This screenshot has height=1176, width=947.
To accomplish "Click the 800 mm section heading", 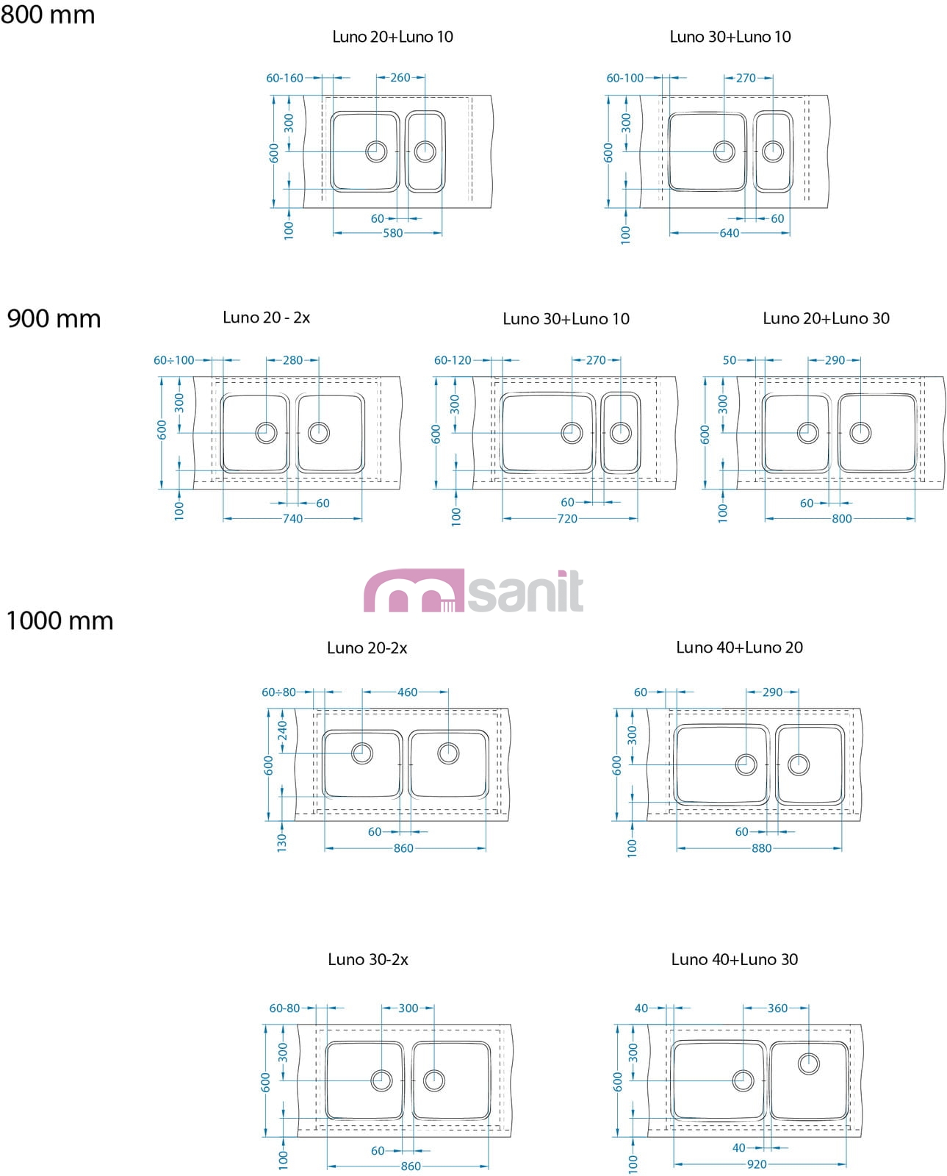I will point(48,15).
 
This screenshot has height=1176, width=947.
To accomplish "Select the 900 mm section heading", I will point(54,318).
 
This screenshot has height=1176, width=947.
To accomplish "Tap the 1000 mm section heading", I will point(60,620).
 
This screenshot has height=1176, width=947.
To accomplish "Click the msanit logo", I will point(474,591).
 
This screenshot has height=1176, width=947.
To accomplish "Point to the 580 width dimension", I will point(393,233).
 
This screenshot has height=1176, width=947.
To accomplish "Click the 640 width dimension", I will point(729,233).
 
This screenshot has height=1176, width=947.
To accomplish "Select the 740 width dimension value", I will point(292,518).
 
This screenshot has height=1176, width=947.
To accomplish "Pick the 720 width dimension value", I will point(567,518).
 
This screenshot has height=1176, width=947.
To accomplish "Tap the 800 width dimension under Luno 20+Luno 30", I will point(841,518).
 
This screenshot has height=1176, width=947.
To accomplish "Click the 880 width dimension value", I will point(761,848).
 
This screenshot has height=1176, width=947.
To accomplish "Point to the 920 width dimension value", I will point(756,1164).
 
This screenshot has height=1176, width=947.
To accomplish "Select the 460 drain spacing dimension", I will point(407,692).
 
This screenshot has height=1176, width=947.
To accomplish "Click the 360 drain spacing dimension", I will point(777,1008).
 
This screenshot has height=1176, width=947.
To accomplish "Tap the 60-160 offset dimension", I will point(284,78).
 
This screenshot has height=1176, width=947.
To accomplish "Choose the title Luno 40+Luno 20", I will point(739,647).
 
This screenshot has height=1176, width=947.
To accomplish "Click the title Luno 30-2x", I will point(367,959).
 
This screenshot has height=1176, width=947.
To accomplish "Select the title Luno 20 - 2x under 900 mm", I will point(266,318).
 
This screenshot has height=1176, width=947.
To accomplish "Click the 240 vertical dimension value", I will point(283,731).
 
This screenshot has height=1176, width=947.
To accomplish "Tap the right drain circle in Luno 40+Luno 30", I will point(808,1064).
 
